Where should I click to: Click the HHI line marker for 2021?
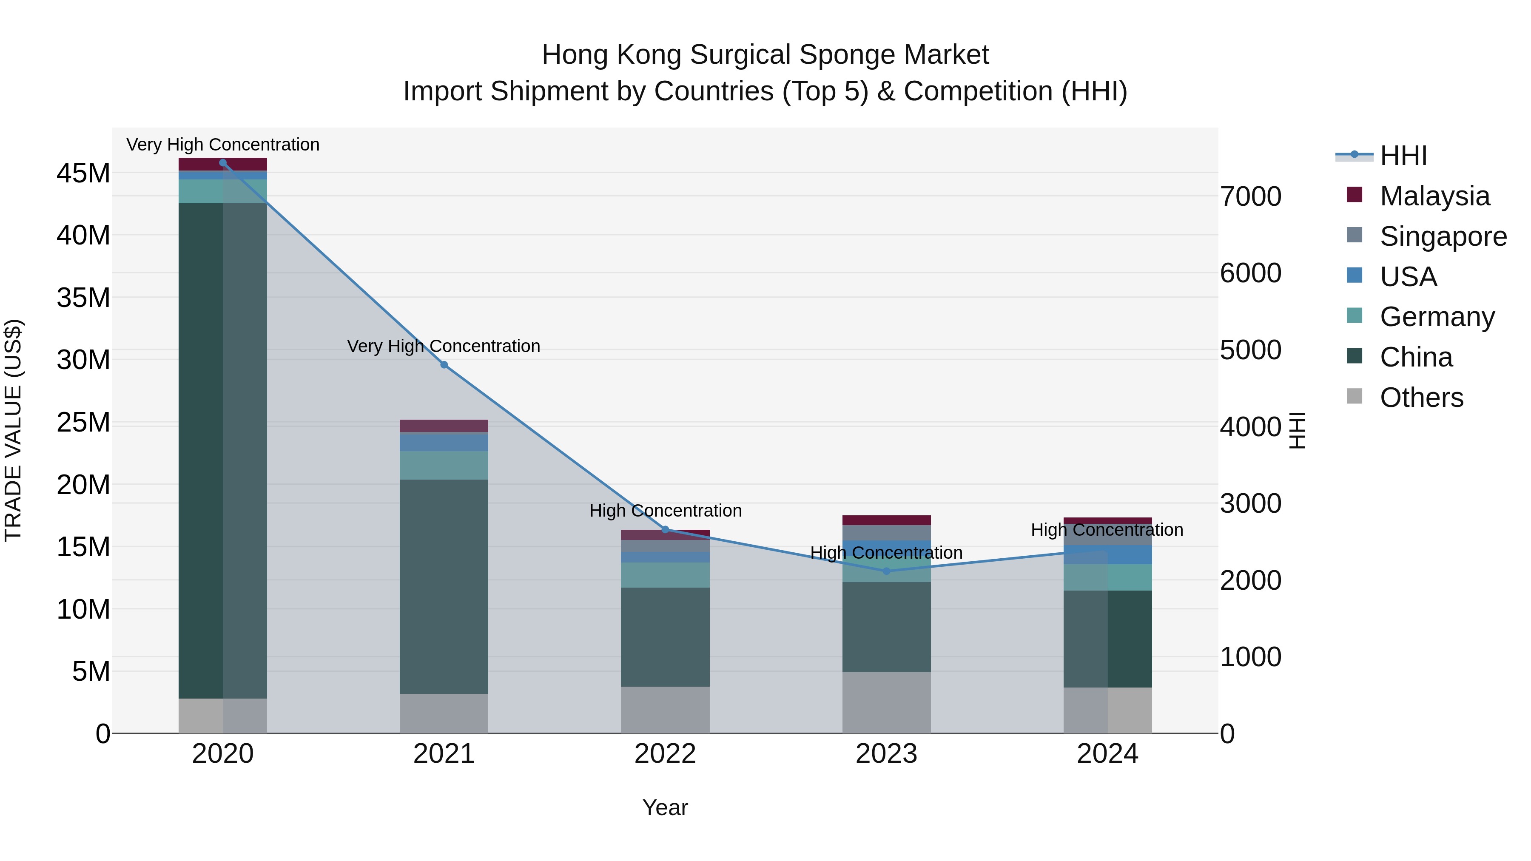[444, 365]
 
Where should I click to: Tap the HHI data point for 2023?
[886, 571]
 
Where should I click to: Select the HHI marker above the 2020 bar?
[223, 163]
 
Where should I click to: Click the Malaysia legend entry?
[1434, 196]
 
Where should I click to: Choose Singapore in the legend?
[1443, 236]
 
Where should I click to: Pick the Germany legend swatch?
[1355, 315]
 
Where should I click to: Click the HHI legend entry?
[1403, 156]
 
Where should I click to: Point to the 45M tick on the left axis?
[83, 173]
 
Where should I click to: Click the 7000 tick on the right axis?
[1250, 197]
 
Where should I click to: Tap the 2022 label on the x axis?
[665, 754]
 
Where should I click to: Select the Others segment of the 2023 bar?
[886, 702]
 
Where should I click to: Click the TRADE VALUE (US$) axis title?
[14, 430]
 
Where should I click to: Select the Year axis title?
[665, 807]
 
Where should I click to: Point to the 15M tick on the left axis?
[83, 547]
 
